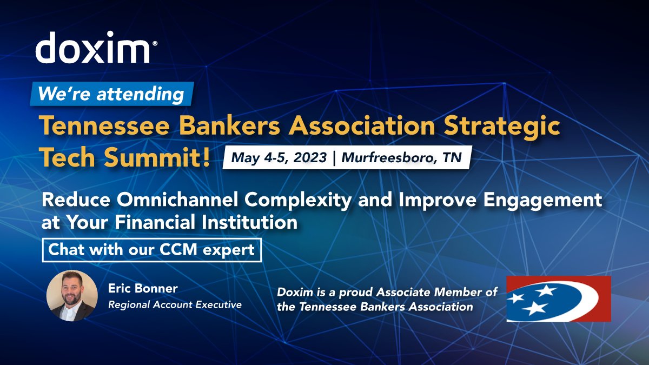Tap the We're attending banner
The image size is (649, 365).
[x=111, y=94]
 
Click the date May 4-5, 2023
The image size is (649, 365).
[x=279, y=157]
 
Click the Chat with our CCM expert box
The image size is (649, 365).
[x=151, y=250]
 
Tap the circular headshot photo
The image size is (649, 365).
[x=72, y=296]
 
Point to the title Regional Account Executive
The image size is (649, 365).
[x=175, y=304]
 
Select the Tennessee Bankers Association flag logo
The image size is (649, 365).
[x=559, y=298]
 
